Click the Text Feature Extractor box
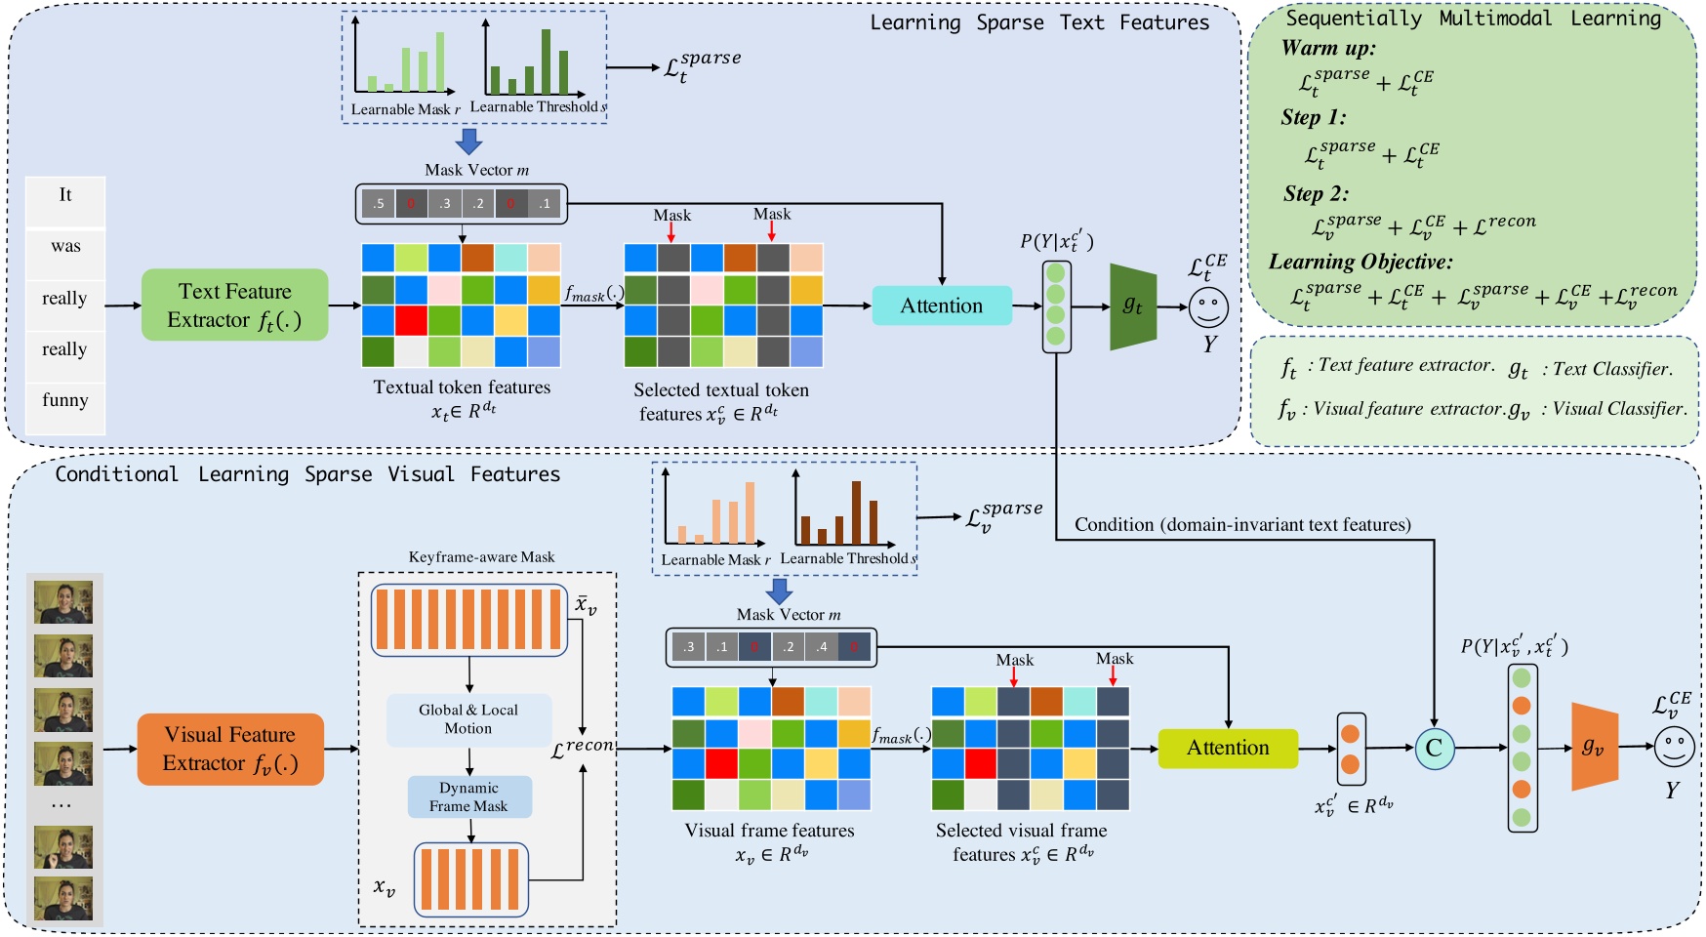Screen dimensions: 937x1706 click(234, 305)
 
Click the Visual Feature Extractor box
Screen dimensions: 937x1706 click(230, 749)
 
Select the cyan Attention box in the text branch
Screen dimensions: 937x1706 click(941, 306)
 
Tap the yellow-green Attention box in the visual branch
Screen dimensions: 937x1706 click(1227, 748)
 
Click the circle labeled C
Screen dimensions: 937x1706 click(1434, 748)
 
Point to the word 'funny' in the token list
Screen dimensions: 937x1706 click(65, 400)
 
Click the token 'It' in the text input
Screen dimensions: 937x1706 click(65, 195)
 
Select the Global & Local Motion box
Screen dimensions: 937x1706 click(468, 719)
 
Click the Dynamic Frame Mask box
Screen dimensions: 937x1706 click(468, 796)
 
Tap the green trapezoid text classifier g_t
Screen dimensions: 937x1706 click(1132, 306)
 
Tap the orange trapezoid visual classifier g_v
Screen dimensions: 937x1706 click(1594, 747)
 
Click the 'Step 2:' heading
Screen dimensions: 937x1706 click(1316, 193)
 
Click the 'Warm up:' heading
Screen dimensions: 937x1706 click(1328, 48)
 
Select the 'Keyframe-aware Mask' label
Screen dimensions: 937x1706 click(481, 557)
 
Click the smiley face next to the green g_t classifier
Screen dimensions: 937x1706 click(1208, 306)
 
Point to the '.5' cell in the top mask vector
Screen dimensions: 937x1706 click(378, 204)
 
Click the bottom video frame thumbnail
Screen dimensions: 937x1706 click(63, 898)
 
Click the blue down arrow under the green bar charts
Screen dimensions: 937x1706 click(469, 142)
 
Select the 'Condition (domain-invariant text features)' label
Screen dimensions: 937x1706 click(1242, 525)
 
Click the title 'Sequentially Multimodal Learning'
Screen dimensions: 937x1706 click(1473, 19)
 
